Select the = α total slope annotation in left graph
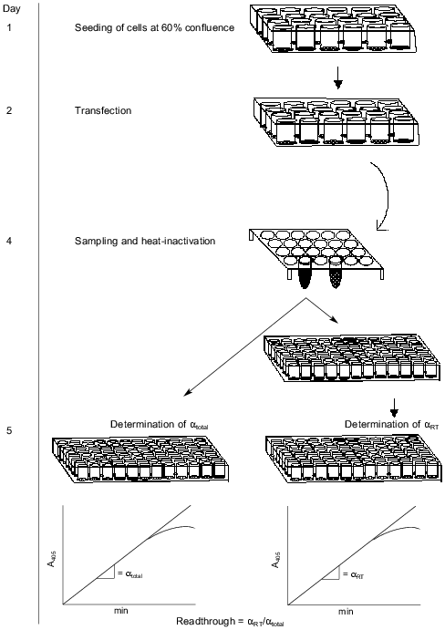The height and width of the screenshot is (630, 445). pos(137,573)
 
